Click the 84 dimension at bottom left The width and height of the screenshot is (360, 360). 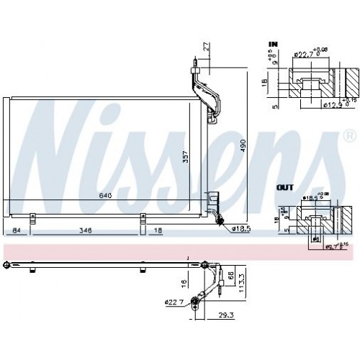tap(16, 231)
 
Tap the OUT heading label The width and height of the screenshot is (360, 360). tap(286, 187)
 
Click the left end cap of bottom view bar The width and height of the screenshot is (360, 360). tap(6, 264)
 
